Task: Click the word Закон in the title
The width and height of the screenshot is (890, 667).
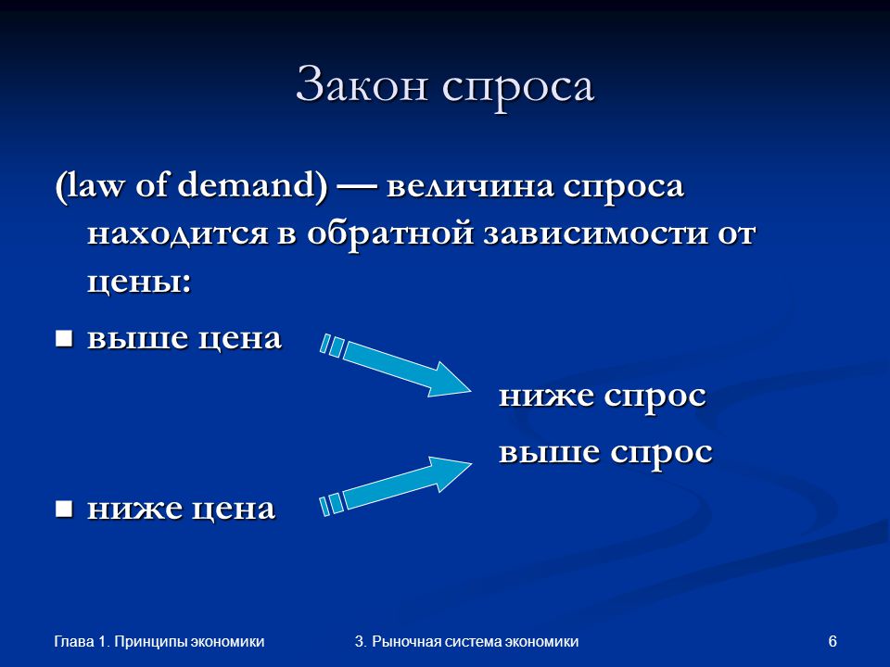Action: click(x=361, y=85)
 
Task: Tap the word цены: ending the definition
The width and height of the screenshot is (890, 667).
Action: click(x=139, y=282)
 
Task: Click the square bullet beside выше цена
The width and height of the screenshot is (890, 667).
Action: click(x=64, y=339)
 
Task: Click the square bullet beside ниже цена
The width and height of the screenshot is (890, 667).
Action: click(x=64, y=509)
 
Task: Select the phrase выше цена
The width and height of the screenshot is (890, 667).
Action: click(x=184, y=338)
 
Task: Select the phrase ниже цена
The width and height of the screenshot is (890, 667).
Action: click(x=181, y=509)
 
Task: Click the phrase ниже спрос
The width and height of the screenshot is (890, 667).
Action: click(x=603, y=396)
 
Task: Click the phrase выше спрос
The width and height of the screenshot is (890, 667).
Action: click(x=605, y=453)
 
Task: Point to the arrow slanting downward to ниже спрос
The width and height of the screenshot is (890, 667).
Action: click(x=396, y=365)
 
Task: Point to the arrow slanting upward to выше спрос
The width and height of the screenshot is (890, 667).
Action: click(x=396, y=486)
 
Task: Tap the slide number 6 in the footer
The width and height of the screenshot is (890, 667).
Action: click(x=833, y=641)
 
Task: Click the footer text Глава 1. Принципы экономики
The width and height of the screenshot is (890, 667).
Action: click(x=159, y=642)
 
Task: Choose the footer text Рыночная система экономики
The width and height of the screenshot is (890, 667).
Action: click(x=475, y=642)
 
